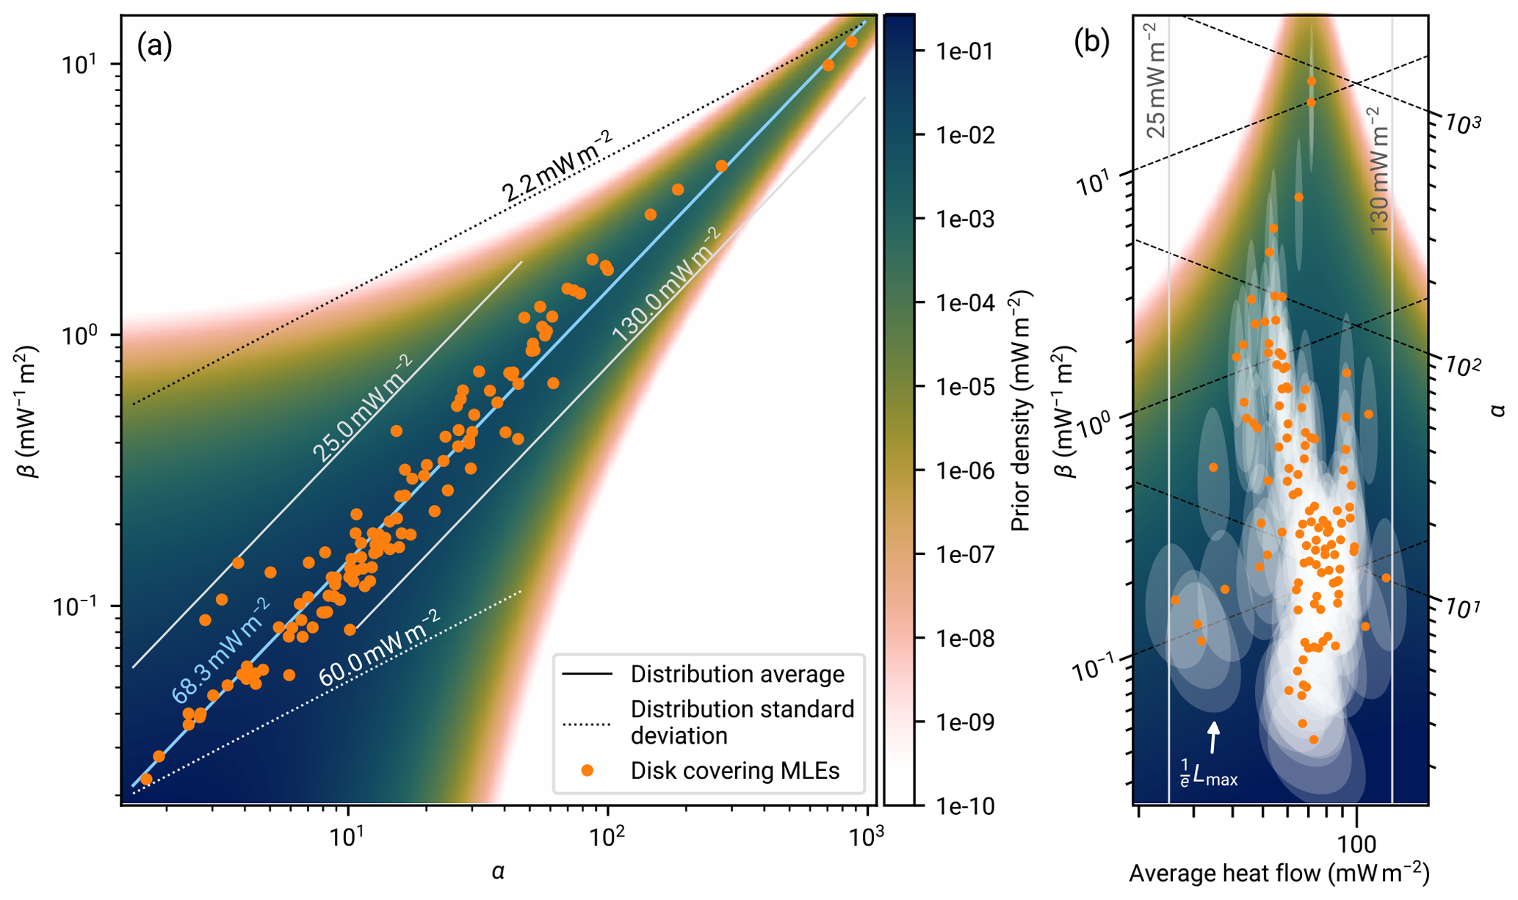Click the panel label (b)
[x=1091, y=43]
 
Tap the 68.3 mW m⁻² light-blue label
[x=221, y=650]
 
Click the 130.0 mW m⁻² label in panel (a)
[x=667, y=285]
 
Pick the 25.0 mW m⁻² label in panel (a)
[x=363, y=408]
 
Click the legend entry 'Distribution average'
[x=737, y=674]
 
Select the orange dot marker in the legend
[x=587, y=770]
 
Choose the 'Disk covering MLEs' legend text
[x=734, y=771]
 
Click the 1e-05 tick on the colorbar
[x=964, y=387]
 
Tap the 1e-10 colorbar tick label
[x=964, y=807]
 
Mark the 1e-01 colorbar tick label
[x=964, y=51]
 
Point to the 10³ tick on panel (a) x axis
[x=867, y=836]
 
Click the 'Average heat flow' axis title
[x=1279, y=874]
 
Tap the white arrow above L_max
[x=1214, y=737]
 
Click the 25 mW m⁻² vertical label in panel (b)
[x=1155, y=81]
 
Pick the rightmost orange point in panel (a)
[x=851, y=42]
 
